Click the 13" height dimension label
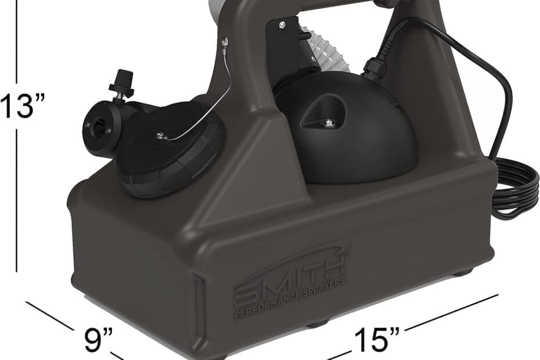(22, 106)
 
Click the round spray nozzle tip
(100, 127)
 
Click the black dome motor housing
(344, 131)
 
